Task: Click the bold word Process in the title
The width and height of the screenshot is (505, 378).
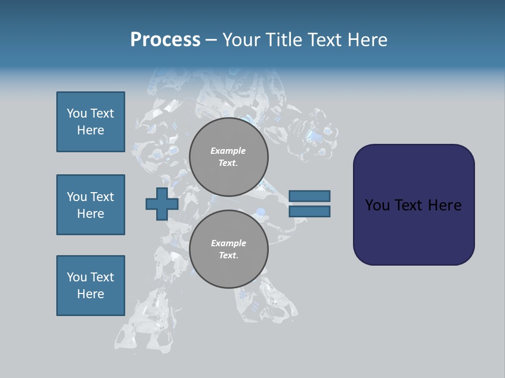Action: (165, 40)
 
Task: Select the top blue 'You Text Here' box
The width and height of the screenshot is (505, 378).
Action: (90, 122)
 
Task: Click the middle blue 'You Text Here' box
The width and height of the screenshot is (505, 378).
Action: (90, 205)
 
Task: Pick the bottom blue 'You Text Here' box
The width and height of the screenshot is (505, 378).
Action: (90, 286)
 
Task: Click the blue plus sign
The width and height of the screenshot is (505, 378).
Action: (162, 204)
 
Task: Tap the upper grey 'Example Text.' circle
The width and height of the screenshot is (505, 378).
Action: (229, 157)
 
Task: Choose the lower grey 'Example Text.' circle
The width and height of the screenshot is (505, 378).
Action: (229, 249)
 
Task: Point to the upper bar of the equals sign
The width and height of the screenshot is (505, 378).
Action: (309, 196)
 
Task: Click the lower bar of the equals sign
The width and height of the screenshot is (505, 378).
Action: (309, 212)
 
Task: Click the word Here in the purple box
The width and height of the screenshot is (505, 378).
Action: (445, 205)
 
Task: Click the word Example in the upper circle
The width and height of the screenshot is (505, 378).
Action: (228, 151)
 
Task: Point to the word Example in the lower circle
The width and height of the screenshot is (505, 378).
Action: (228, 243)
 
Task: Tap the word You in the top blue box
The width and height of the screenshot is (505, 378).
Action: (76, 113)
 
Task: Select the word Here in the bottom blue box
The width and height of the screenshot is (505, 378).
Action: (90, 294)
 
